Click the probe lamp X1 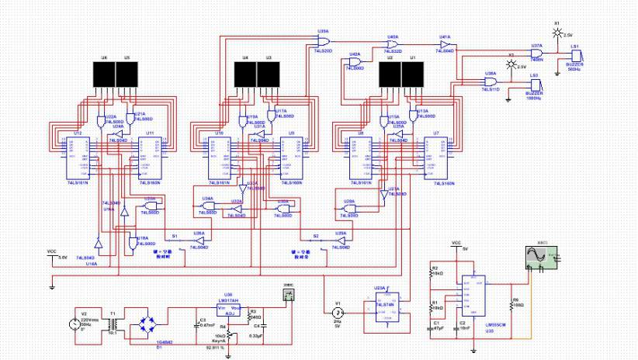(556, 36)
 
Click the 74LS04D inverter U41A (445, 45)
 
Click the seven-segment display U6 (104, 75)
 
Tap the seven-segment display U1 (412, 75)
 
